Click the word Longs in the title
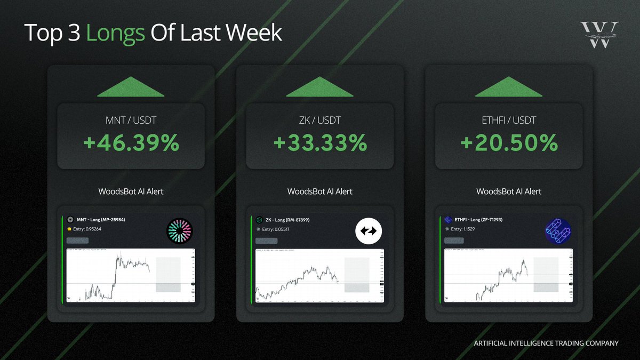(x=115, y=33)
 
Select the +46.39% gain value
(x=131, y=143)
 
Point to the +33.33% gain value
(x=320, y=143)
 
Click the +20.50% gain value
(x=509, y=143)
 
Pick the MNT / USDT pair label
(x=131, y=121)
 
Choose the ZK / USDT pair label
(x=320, y=121)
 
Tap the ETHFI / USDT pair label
(x=509, y=121)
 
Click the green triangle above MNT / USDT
(x=131, y=87)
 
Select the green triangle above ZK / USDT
(x=320, y=87)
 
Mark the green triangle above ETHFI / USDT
(x=509, y=87)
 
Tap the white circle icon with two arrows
(x=368, y=231)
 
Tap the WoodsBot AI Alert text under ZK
(x=320, y=191)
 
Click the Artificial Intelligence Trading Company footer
(x=546, y=343)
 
